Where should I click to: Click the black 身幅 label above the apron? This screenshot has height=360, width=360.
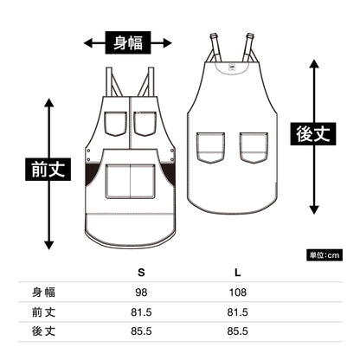[128, 42]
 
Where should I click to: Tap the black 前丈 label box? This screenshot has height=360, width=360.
[48, 170]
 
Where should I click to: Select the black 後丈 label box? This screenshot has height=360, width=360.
[313, 134]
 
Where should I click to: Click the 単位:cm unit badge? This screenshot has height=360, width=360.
[325, 255]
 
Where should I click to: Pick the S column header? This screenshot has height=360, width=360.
[141, 273]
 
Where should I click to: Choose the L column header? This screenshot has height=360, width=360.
[237, 273]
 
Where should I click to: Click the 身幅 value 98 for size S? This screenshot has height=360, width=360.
[141, 292]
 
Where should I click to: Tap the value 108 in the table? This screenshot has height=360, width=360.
[238, 292]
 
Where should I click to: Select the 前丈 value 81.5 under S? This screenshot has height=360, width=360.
[141, 312]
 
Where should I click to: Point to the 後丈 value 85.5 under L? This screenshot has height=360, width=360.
[237, 331]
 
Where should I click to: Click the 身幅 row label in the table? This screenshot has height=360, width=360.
[43, 292]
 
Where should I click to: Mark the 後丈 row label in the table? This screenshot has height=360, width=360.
[43, 331]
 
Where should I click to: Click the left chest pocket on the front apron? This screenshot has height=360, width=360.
[115, 124]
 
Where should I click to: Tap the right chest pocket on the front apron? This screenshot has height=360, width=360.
[145, 124]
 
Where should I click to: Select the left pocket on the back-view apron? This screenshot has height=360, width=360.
[210, 148]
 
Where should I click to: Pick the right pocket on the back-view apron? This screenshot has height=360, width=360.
[254, 148]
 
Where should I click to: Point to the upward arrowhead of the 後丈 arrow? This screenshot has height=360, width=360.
[314, 63]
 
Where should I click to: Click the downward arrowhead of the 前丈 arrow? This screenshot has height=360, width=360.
[49, 245]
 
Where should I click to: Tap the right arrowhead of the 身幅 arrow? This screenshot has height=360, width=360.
[168, 43]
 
